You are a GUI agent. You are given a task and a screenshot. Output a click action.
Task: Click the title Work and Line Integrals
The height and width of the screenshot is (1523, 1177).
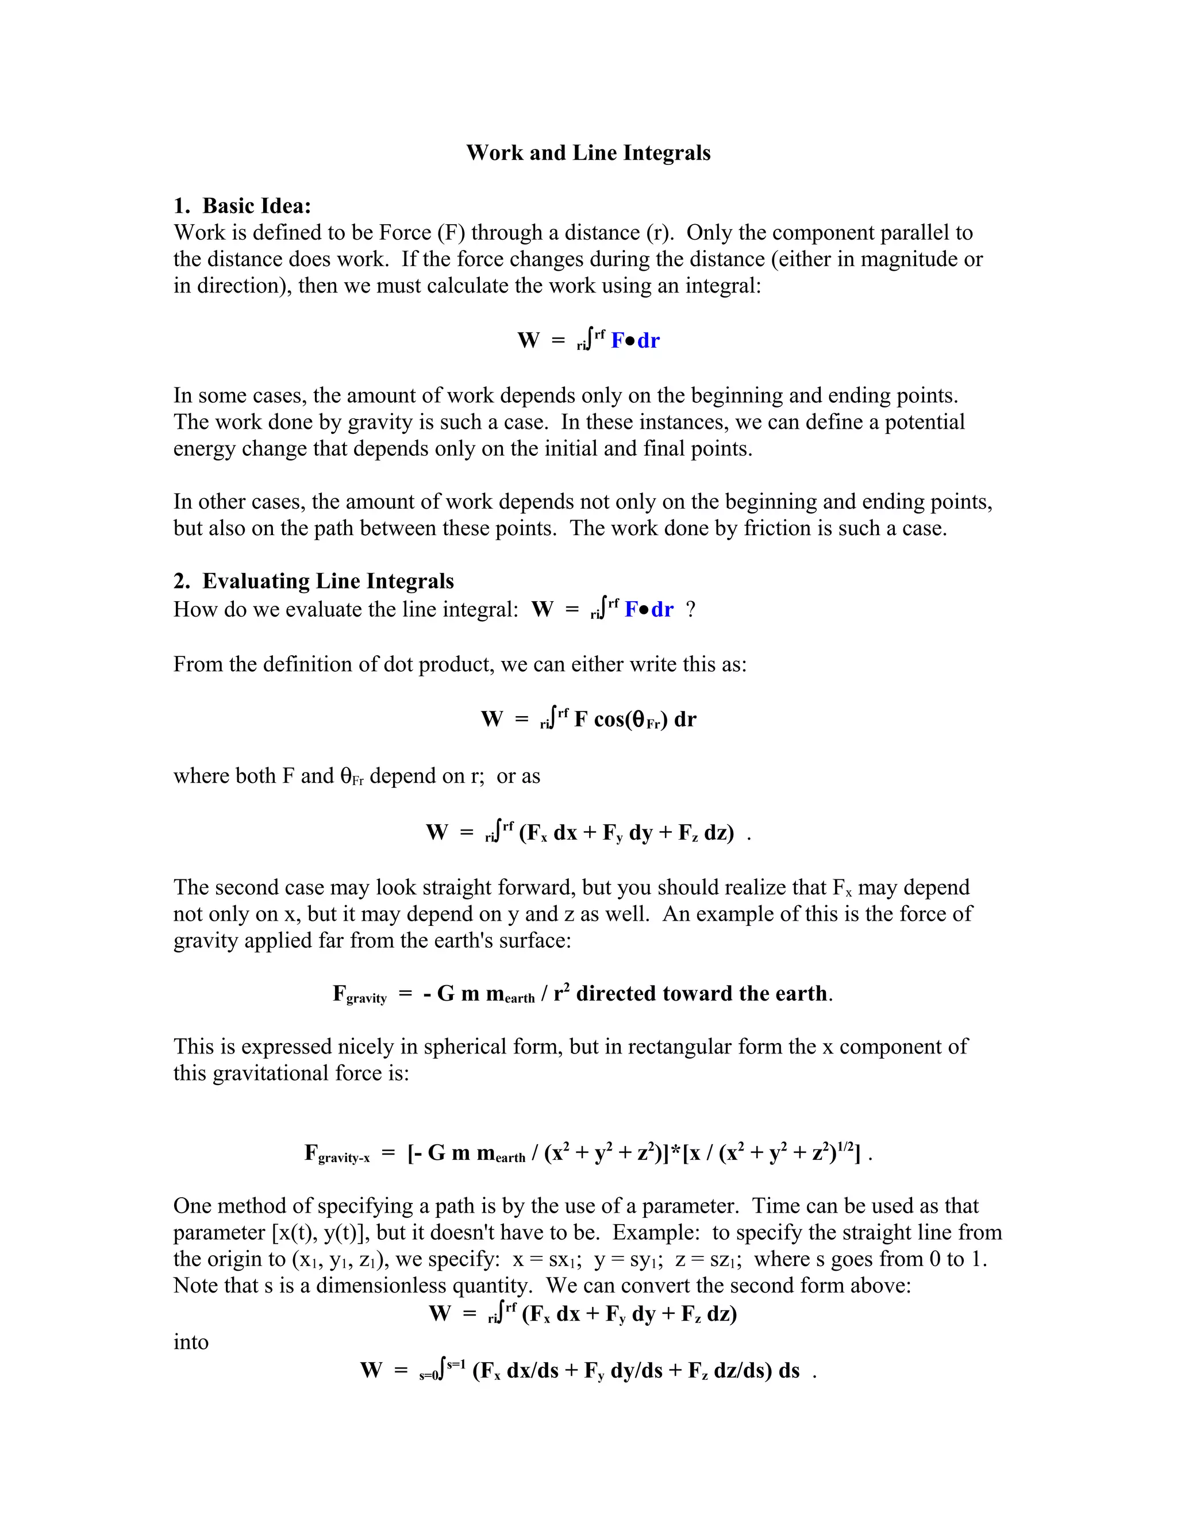pos(588,153)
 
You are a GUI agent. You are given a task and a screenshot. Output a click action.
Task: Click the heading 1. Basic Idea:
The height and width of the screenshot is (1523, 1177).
pos(242,206)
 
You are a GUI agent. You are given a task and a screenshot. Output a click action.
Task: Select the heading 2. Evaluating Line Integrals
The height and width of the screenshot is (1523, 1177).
pos(313,581)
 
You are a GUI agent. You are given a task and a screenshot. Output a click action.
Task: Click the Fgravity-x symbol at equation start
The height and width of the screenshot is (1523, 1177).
pos(337,1153)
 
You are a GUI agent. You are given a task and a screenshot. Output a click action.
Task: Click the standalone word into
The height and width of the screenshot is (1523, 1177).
pos(190,1342)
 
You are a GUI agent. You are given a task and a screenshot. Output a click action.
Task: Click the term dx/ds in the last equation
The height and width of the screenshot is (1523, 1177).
pos(533,1370)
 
